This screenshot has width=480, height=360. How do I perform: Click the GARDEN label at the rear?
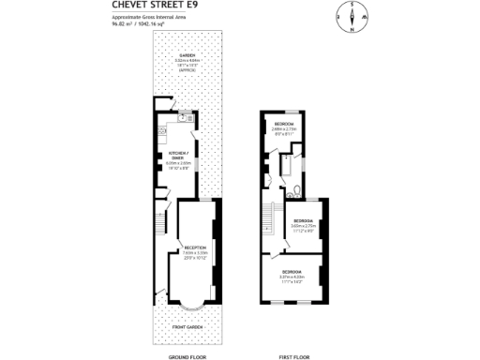(x=188, y=56)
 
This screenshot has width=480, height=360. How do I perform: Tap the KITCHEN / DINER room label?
(x=178, y=154)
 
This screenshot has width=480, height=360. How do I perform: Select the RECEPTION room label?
(x=195, y=247)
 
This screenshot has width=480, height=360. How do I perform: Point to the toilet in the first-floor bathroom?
(x=294, y=192)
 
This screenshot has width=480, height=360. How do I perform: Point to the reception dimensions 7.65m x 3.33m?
(x=195, y=252)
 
